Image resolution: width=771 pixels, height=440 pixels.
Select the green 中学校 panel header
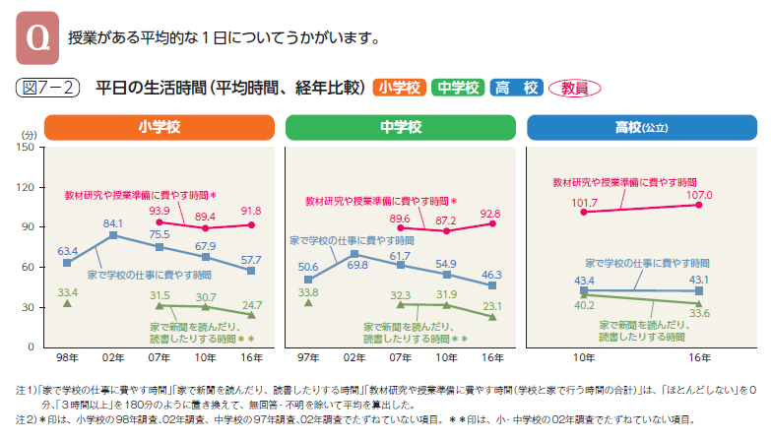(400, 127)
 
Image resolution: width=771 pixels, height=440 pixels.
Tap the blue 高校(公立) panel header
(641, 127)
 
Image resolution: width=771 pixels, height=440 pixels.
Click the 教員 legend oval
(574, 88)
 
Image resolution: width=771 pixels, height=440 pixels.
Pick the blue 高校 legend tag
(516, 88)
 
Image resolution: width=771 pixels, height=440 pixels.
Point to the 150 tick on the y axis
(27, 148)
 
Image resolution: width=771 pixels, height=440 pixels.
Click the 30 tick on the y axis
(30, 307)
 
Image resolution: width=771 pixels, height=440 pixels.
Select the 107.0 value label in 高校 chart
(697, 195)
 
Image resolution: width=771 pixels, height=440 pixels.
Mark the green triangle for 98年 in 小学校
(67, 303)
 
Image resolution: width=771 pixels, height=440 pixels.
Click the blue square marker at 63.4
(67, 263)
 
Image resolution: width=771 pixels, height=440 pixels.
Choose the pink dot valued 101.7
(584, 212)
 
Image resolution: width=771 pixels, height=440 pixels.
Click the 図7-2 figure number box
(48, 88)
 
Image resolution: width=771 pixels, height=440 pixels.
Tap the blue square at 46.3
(492, 285)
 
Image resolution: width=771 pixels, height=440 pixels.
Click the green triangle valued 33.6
(698, 303)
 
